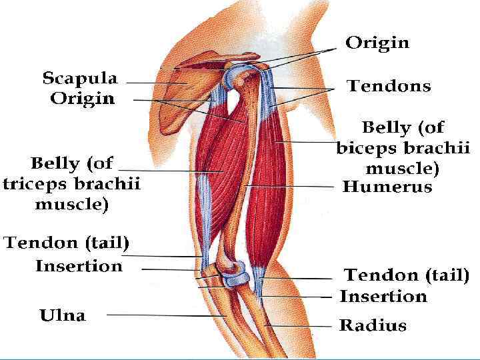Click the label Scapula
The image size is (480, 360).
click(x=79, y=79)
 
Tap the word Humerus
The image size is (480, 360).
click(x=387, y=187)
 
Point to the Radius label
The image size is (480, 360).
click(x=373, y=326)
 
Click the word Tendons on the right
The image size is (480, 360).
click(x=389, y=86)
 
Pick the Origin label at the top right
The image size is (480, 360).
click(x=377, y=44)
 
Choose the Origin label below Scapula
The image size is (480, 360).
click(x=82, y=99)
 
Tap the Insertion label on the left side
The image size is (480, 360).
click(x=79, y=266)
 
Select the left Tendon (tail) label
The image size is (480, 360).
click(x=67, y=243)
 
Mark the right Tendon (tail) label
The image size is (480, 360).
click(x=406, y=275)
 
